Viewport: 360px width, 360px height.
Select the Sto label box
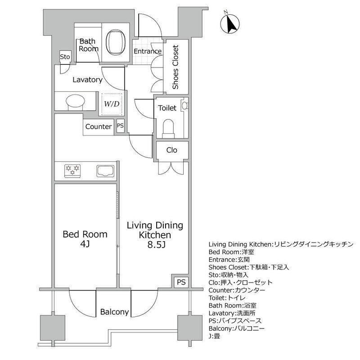65,57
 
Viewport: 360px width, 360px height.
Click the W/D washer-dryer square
112,104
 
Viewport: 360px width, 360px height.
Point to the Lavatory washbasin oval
75,100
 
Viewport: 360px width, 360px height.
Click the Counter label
99,126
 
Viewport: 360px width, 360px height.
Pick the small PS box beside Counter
120,126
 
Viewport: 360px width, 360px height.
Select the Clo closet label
172,150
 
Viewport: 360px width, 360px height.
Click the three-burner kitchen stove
72,171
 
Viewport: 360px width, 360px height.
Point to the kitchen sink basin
105,171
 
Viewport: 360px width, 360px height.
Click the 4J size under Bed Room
85,244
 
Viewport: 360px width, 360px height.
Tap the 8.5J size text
156,245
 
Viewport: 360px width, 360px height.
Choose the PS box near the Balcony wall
181,282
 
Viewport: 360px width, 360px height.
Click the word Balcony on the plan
114,312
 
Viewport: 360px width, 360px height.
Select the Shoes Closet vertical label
175,67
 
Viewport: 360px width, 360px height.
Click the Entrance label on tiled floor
148,51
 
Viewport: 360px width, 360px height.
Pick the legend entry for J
215,336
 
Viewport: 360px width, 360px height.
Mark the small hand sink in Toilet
184,106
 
